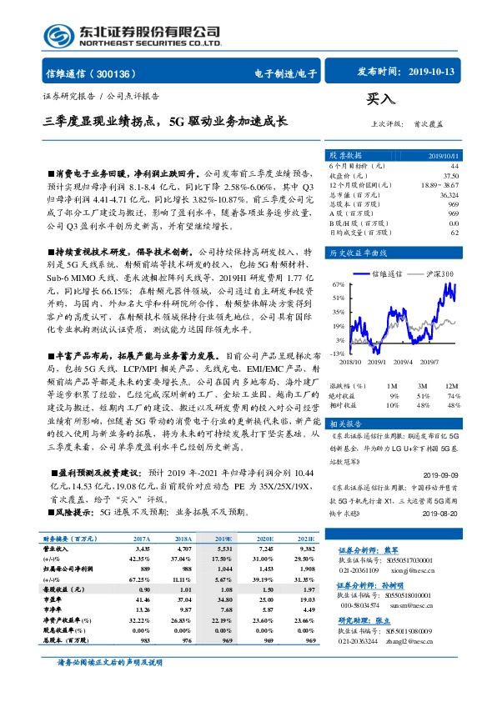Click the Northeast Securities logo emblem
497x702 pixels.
[x=59, y=35]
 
